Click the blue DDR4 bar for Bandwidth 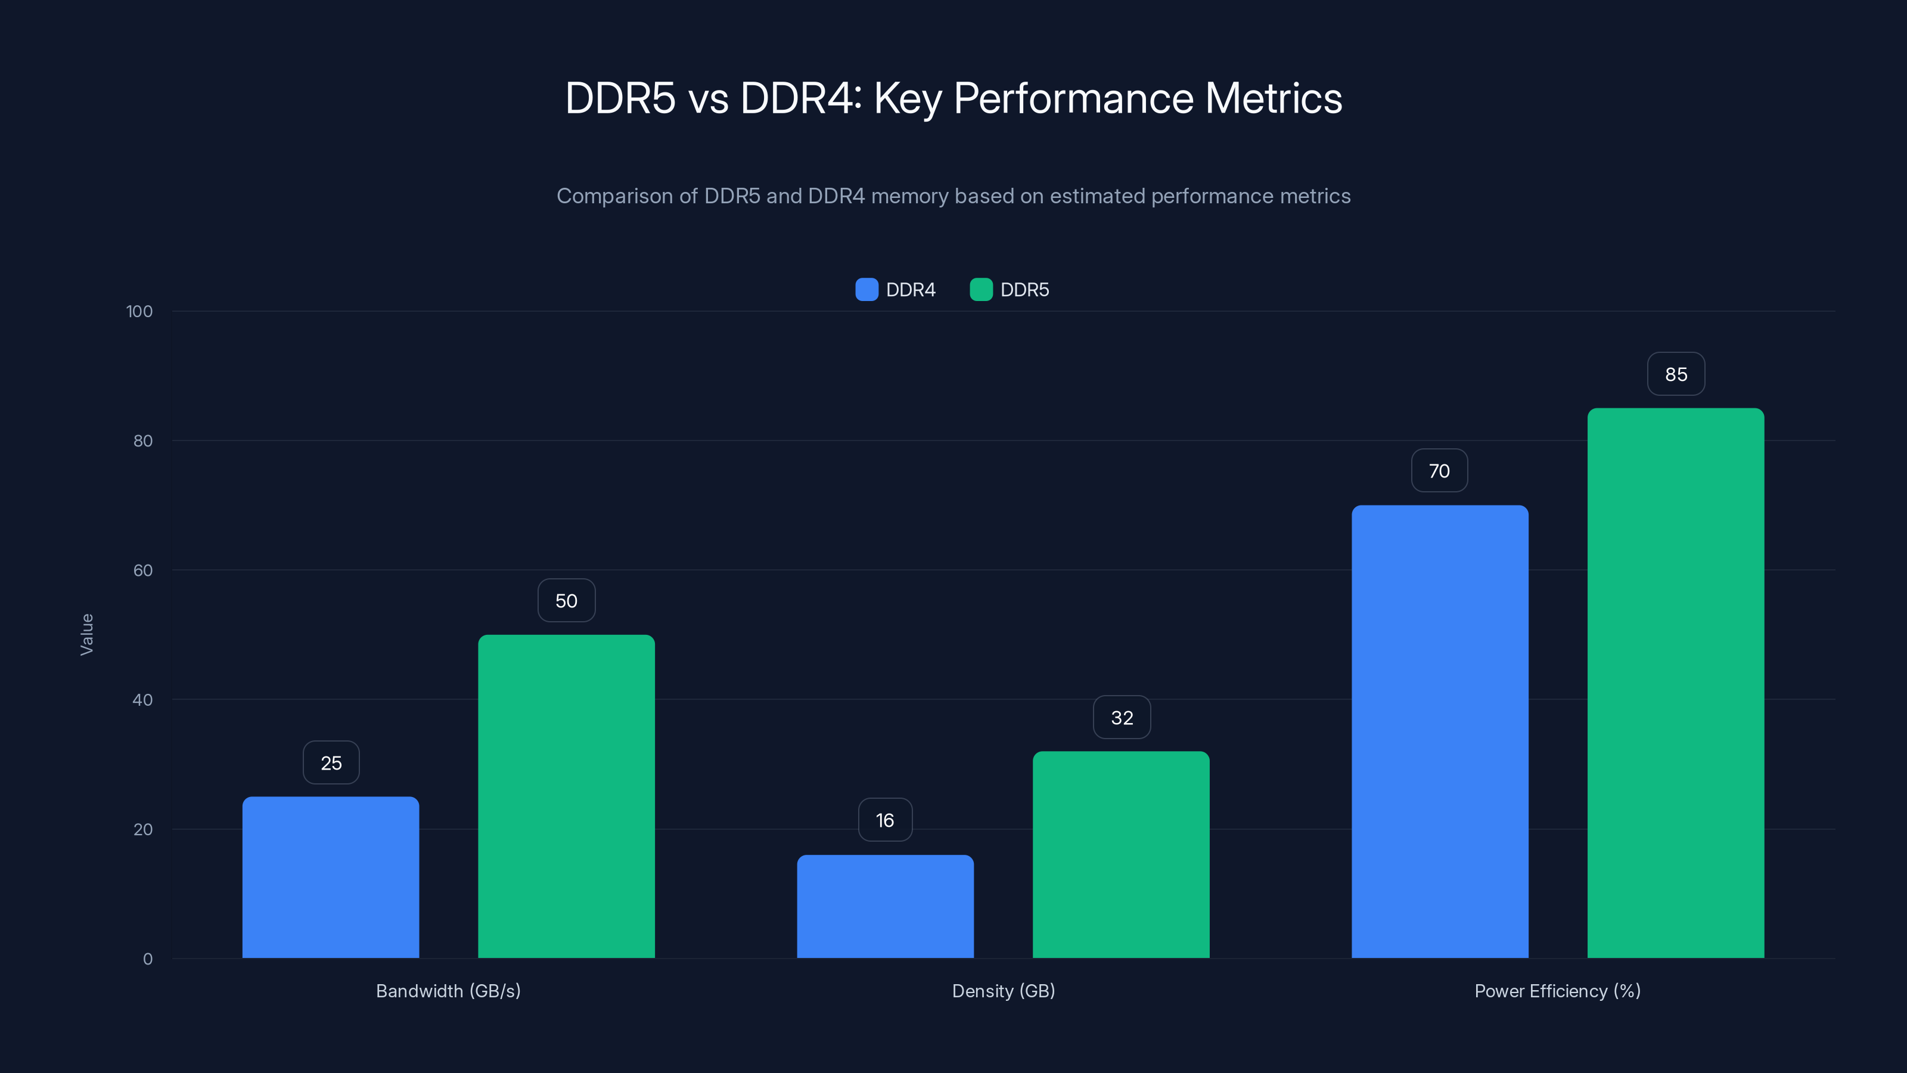(x=330, y=877)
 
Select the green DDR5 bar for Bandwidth (x=566, y=796)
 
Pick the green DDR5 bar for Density (x=1121, y=855)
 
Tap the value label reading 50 (x=566, y=600)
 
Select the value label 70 (x=1439, y=471)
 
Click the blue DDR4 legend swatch (x=866, y=290)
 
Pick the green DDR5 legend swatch (x=981, y=290)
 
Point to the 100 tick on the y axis (x=139, y=311)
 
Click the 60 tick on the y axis (x=143, y=570)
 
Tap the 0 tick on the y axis (x=147, y=959)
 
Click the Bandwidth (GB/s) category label (x=448, y=991)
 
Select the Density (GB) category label (x=1003, y=991)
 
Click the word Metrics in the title (x=1274, y=98)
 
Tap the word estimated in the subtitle (x=1097, y=196)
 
